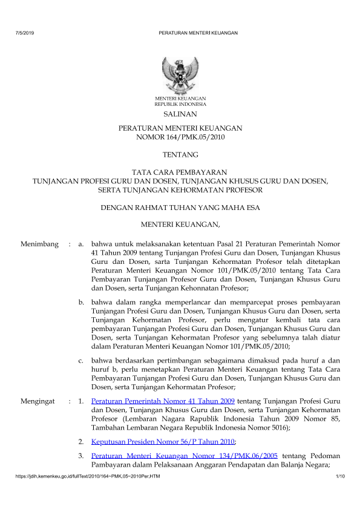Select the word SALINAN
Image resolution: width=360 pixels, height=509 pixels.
[180, 114]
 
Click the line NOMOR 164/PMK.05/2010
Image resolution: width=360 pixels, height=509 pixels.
[180, 137]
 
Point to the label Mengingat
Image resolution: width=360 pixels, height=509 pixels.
[38, 401]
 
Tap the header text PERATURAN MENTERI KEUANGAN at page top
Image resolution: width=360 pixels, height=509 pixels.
[197, 33]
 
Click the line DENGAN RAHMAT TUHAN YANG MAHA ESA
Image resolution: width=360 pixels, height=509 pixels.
[180, 208]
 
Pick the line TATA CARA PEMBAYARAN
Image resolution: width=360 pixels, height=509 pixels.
[180, 172]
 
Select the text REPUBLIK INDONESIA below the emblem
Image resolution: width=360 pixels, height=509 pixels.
[180, 104]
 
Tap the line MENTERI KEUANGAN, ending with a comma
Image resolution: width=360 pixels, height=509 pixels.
[180, 226]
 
